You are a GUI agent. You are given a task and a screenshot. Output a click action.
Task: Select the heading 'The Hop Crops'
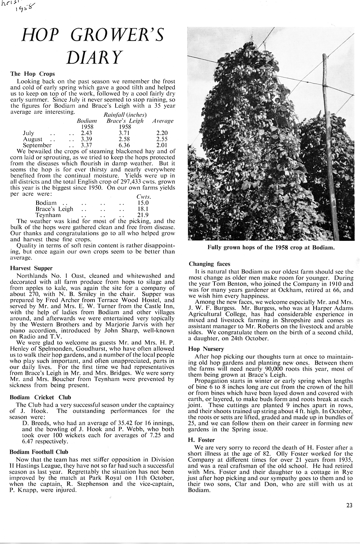[x=32, y=74]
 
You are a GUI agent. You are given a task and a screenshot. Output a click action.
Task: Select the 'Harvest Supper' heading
[x=31, y=268]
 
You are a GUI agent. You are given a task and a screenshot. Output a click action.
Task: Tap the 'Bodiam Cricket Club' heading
[x=40, y=397]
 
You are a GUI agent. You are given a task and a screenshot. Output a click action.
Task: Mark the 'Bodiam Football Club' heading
[x=39, y=452]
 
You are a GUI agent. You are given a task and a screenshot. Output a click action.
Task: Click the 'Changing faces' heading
[x=209, y=264]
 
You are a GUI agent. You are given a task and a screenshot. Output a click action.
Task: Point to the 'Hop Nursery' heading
[x=206, y=349]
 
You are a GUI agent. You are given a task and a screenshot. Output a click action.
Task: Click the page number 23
[x=349, y=506]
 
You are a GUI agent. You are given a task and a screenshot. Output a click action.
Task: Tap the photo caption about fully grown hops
[x=271, y=247]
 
